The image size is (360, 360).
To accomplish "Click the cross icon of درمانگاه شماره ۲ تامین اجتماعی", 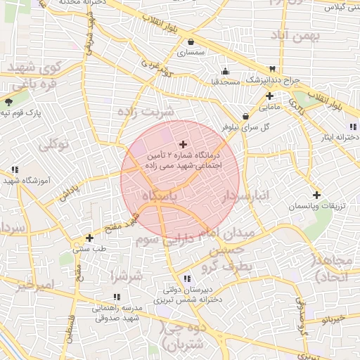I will (x=184, y=143).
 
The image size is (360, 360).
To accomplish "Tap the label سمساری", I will (x=191, y=52).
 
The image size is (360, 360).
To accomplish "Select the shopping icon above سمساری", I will (x=191, y=41).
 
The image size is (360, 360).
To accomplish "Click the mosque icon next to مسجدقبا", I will (x=225, y=71).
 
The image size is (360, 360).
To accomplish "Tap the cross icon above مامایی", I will (x=269, y=96).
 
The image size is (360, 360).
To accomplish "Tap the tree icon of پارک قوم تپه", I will (x=8, y=102).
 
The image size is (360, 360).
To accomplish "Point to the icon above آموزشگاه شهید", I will (x=15, y=169).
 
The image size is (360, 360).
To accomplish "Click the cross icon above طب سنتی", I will (x=89, y=238).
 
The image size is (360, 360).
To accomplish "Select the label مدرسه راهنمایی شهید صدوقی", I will (x=118, y=313).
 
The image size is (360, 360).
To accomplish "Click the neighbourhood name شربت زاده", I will (x=146, y=112).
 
